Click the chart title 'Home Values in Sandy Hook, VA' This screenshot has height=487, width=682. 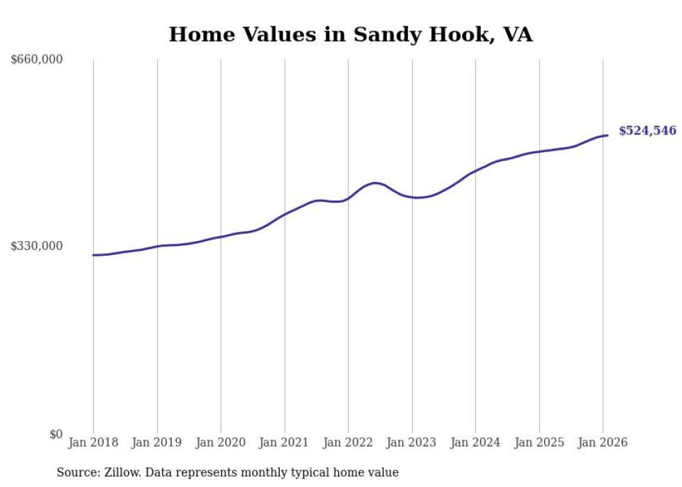(x=350, y=34)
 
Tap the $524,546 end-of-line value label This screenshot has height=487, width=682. (x=647, y=130)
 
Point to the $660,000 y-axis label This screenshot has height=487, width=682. (x=37, y=60)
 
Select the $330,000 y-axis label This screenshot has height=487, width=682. (x=37, y=246)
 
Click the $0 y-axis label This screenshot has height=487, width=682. (x=56, y=434)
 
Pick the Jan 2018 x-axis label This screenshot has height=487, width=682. (x=93, y=442)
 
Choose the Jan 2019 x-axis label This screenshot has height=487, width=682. (x=157, y=442)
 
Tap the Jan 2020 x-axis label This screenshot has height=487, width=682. (x=221, y=442)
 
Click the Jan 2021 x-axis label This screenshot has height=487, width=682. (x=284, y=442)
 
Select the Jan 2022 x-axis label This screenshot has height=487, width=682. (x=348, y=442)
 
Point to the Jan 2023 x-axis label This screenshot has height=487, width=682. (x=411, y=442)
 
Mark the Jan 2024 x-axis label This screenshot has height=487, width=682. (x=475, y=442)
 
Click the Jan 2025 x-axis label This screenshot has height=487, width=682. (x=539, y=442)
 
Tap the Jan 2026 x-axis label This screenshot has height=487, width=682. (x=603, y=442)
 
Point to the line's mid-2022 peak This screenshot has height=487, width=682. (x=376, y=183)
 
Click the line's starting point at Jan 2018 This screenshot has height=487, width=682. (x=93, y=255)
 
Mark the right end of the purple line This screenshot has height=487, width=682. (x=608, y=135)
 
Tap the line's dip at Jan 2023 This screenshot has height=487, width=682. (x=415, y=198)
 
